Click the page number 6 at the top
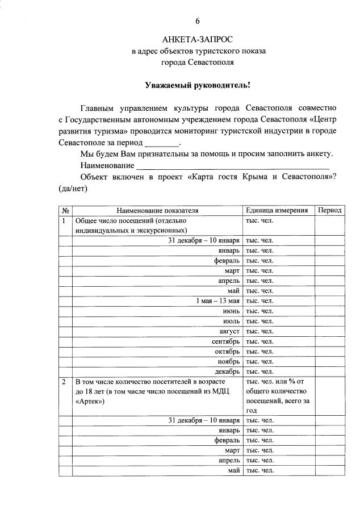coord(198,21)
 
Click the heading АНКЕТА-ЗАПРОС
coord(197,40)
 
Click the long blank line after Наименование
coord(233,167)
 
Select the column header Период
coord(329,210)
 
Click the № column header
coord(65,210)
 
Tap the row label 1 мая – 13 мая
coord(218,301)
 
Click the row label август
coord(229,331)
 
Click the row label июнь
coord(231,311)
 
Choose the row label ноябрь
coord(229,361)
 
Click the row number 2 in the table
coord(65,382)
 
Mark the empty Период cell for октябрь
coord(329,352)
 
